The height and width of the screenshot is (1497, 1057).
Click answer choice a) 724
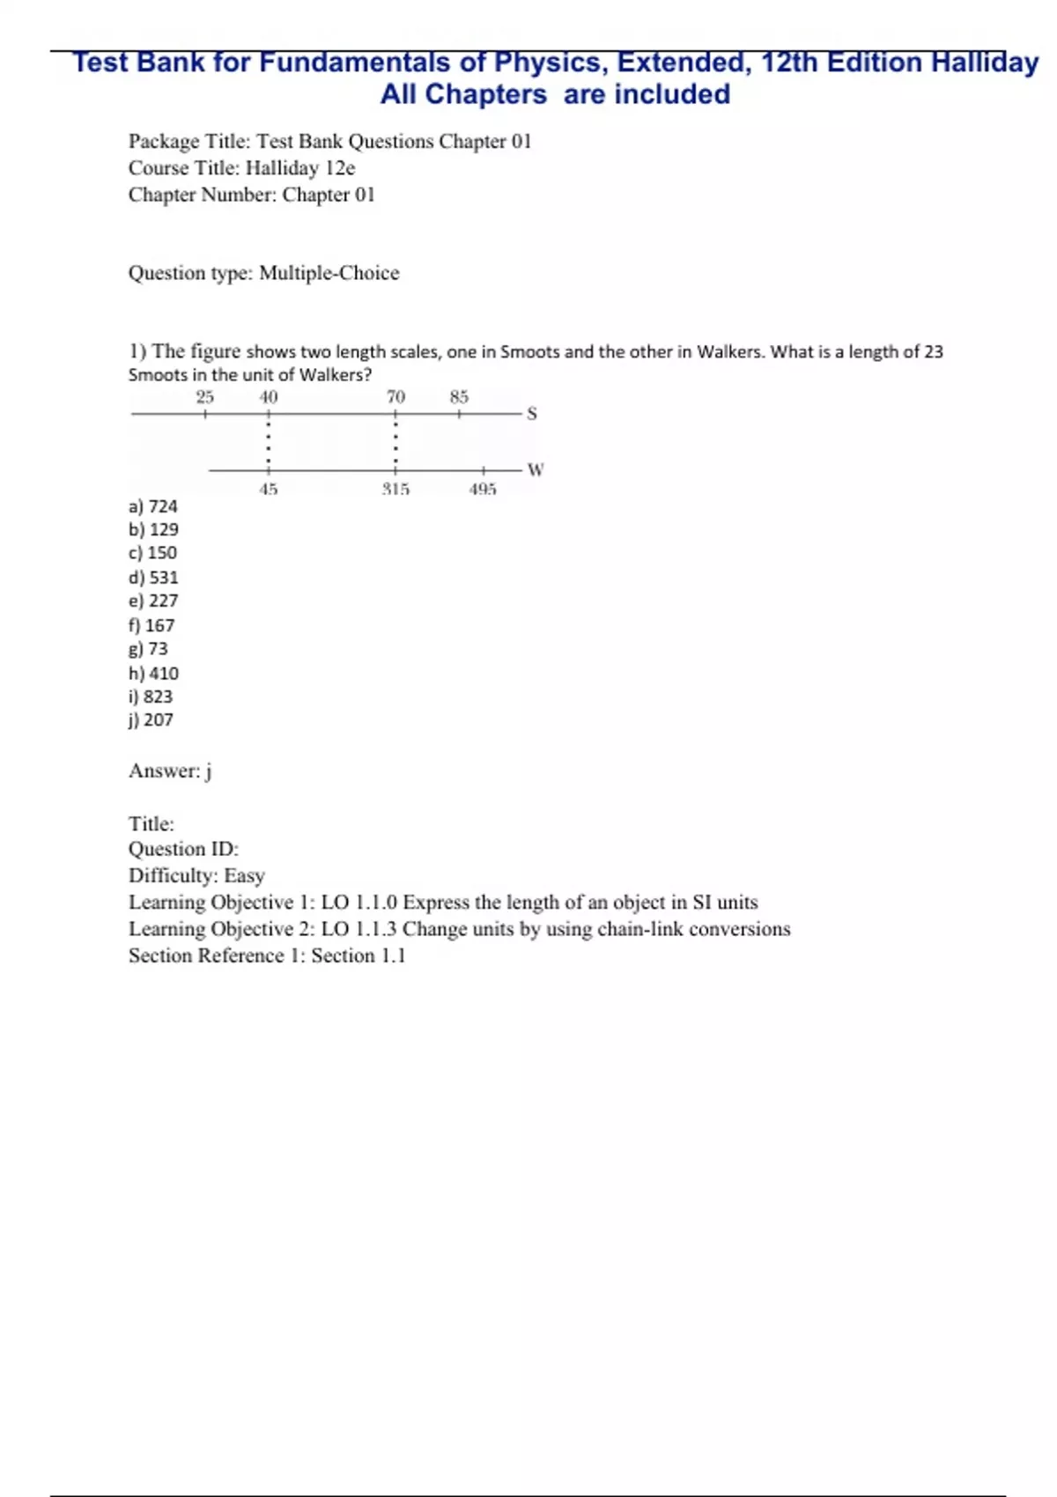pyautogui.click(x=153, y=506)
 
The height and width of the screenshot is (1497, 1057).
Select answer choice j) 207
pyautogui.click(x=152, y=719)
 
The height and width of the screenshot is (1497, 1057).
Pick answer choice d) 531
pyautogui.click(x=153, y=578)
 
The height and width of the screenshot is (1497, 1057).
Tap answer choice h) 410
pyautogui.click(x=153, y=674)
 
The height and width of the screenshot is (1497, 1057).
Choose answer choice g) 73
pyautogui.click(x=148, y=649)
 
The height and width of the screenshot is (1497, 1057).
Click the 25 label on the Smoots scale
pyautogui.click(x=205, y=397)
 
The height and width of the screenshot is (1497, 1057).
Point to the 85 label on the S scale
pyautogui.click(x=459, y=397)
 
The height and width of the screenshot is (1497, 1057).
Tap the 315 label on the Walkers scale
pyautogui.click(x=395, y=489)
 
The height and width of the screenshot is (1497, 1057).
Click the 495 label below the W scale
pyautogui.click(x=483, y=489)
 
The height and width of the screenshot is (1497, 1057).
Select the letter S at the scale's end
pyautogui.click(x=532, y=413)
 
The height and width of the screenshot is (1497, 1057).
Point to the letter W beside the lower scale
pyautogui.click(x=536, y=469)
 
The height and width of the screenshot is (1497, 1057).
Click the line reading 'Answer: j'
pyautogui.click(x=170, y=771)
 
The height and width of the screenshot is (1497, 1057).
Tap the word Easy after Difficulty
pyautogui.click(x=244, y=875)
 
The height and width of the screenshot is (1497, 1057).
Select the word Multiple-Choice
pyautogui.click(x=329, y=273)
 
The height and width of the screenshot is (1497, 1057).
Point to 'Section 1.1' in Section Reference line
pyautogui.click(x=358, y=955)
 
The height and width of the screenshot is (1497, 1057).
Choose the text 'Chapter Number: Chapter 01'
pyautogui.click(x=252, y=195)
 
